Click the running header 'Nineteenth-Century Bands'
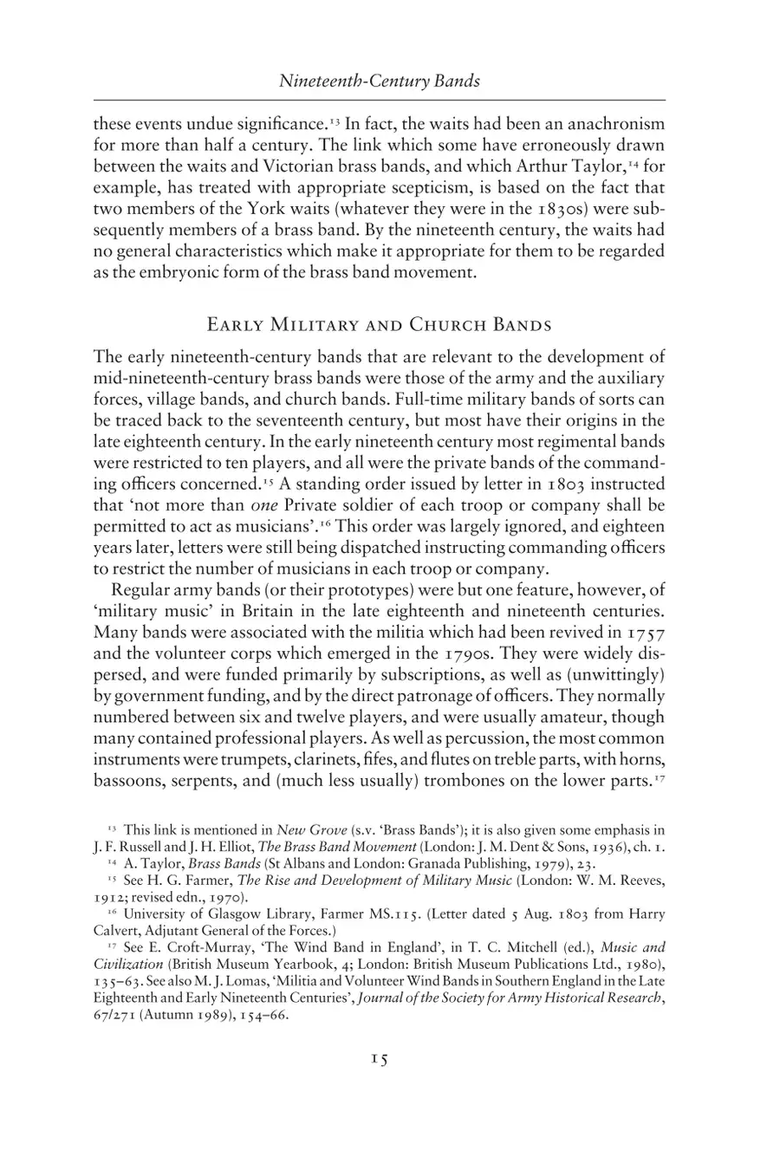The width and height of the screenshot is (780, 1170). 380,81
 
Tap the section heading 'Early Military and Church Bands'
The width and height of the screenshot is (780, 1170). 380,326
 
